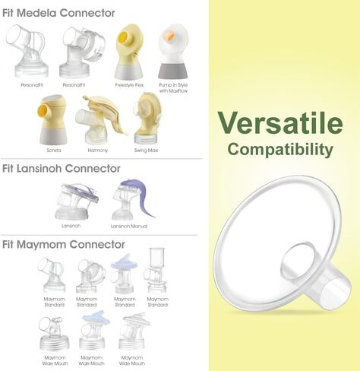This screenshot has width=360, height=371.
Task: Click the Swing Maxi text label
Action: tap(146, 150)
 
